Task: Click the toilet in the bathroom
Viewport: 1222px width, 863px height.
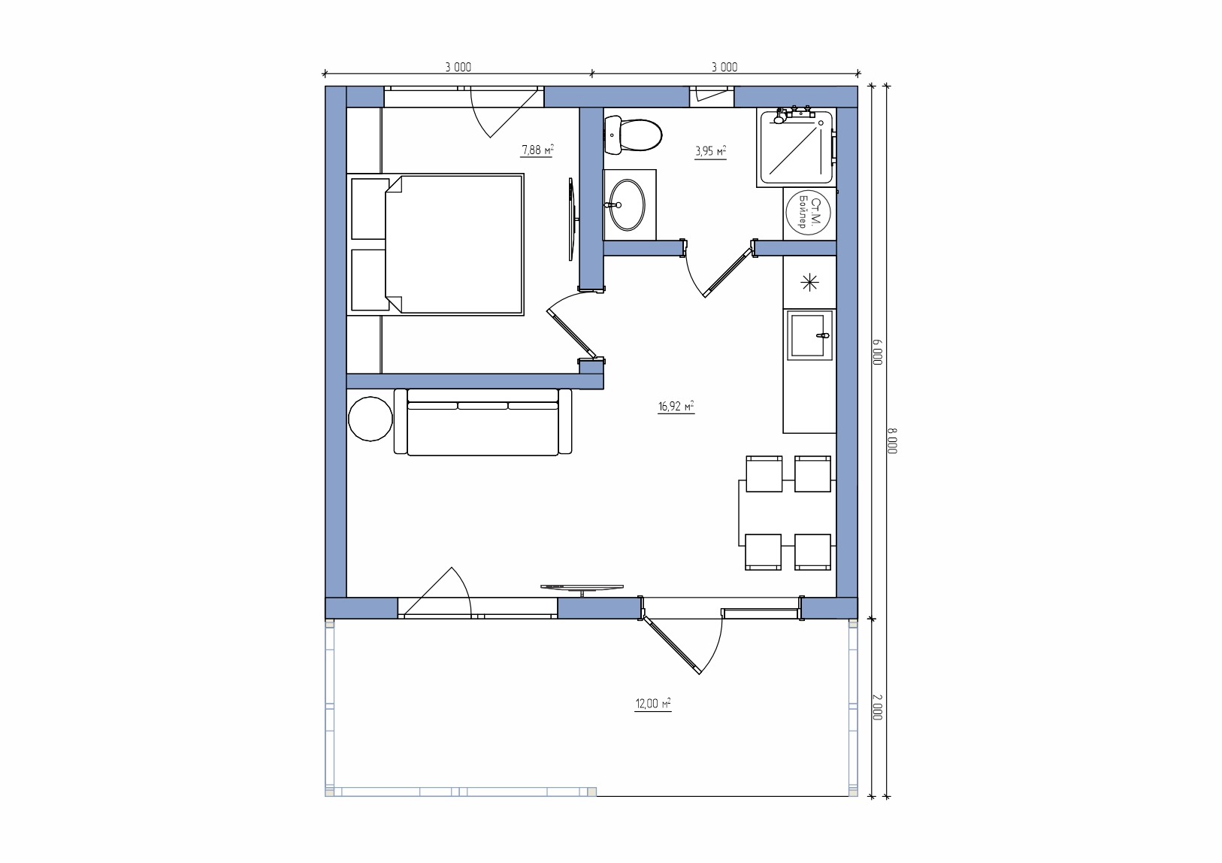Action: [633, 135]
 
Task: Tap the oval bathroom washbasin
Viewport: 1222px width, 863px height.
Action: [627, 204]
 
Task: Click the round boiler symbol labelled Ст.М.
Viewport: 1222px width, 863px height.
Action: [808, 213]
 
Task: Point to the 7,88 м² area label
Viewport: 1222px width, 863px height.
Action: [537, 150]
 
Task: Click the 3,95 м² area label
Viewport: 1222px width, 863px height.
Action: [710, 151]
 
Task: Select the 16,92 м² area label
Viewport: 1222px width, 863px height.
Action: [676, 407]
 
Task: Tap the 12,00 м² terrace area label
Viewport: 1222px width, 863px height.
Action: [653, 704]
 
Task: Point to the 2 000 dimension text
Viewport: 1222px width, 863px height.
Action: [877, 707]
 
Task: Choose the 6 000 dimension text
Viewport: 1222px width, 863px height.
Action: [877, 352]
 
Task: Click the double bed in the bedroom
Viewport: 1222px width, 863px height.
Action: [435, 244]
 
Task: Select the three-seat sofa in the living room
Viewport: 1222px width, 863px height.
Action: [482, 422]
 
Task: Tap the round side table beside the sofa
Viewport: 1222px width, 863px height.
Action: [371, 419]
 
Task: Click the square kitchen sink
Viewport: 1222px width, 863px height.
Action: [809, 335]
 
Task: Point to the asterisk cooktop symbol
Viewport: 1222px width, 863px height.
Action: [809, 283]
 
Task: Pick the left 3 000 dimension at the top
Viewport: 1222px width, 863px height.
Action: [458, 67]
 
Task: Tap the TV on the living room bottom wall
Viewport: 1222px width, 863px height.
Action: [582, 589]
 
